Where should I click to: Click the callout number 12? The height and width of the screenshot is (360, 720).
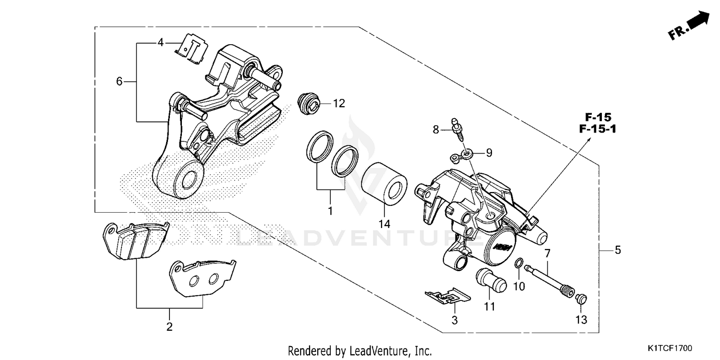tap(339, 103)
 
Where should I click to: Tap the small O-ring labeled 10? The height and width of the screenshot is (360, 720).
tap(519, 263)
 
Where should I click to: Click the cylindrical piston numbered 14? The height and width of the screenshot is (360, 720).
tap(384, 183)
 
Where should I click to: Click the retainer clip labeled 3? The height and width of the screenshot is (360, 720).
tap(446, 297)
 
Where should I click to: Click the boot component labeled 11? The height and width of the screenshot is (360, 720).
tap(491, 280)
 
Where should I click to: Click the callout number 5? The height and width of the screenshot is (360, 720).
tap(618, 250)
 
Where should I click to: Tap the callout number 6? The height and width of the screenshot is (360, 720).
tap(120, 82)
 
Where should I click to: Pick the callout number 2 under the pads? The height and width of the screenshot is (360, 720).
tap(169, 327)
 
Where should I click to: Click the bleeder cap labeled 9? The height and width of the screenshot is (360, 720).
tap(462, 155)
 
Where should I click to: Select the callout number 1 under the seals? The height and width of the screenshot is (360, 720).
tap(330, 211)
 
